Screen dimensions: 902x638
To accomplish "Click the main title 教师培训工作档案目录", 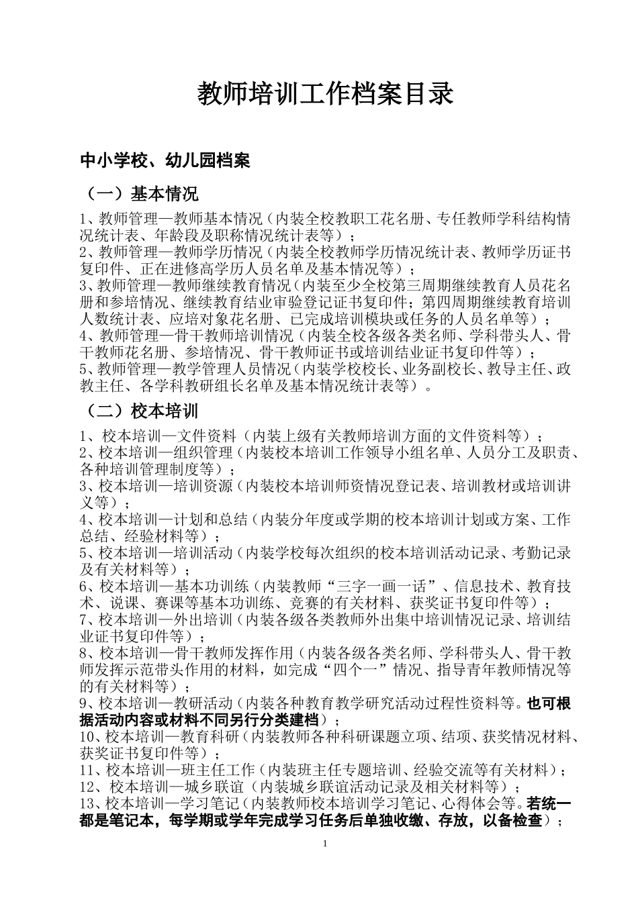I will click(325, 95).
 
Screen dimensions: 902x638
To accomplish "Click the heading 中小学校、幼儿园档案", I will click(165, 161).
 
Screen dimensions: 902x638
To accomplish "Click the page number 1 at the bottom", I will click(325, 842).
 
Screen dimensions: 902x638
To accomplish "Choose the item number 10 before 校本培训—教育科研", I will click(87, 736).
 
